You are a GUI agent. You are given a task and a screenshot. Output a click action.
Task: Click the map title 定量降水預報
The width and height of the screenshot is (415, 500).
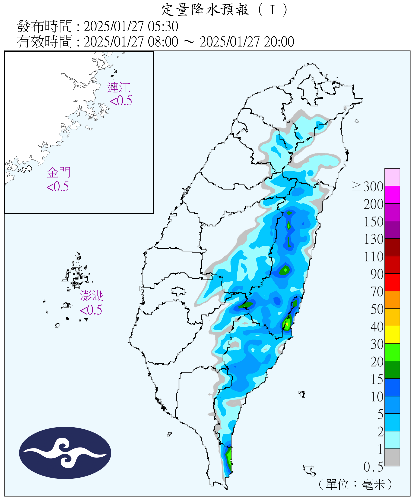[x=205, y=10]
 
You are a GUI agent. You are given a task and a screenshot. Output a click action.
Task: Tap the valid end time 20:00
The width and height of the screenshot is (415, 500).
[x=279, y=42]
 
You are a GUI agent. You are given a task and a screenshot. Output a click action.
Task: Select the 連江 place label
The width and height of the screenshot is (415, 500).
[x=119, y=88]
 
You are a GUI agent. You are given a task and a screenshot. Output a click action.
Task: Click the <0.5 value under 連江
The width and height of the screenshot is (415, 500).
[x=121, y=101]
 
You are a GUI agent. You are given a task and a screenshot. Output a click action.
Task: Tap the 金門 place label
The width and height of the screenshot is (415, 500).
[x=59, y=173]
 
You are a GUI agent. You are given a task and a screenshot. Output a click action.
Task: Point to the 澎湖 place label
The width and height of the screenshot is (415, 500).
[x=92, y=296]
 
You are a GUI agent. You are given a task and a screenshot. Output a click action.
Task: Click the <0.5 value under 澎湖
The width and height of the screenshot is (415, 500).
[x=91, y=310]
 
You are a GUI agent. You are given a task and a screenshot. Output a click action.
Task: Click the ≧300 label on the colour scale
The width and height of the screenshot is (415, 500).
[x=368, y=187]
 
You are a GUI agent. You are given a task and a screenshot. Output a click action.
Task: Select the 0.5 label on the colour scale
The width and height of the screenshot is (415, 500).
[x=373, y=467]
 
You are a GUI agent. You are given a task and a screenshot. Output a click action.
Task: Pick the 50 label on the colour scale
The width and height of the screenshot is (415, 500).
[x=377, y=309]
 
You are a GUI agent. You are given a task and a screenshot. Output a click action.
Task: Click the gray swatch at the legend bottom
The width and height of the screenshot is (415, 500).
[x=392, y=457]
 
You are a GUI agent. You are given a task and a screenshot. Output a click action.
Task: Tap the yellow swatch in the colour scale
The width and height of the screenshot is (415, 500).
[x=392, y=335]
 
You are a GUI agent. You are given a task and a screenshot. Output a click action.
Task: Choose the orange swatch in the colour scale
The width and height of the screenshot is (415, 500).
[x=392, y=300]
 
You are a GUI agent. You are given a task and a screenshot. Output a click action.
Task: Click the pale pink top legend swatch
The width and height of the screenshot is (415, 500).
[x=392, y=177]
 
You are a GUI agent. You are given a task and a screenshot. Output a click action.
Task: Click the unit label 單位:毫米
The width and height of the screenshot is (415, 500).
[x=355, y=484]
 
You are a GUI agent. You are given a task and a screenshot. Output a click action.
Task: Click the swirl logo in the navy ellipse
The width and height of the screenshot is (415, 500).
[x=65, y=453]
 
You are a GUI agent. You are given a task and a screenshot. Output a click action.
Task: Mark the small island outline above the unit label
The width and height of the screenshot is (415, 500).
[x=309, y=470]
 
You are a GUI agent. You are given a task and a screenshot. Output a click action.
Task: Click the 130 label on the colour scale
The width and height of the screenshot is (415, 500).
[x=374, y=239]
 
